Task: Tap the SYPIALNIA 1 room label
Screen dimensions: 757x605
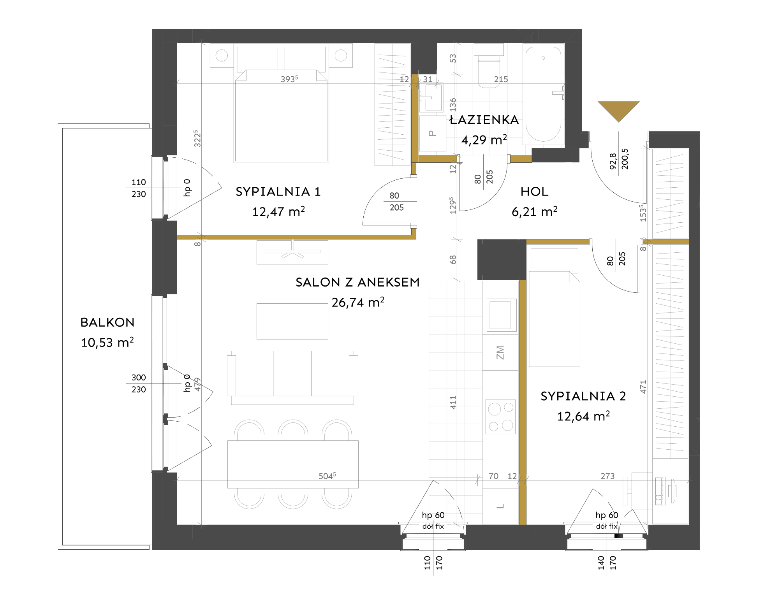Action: pos(278,192)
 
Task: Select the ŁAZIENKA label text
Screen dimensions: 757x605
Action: pos(484,120)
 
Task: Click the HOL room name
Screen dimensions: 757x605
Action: pos(534,192)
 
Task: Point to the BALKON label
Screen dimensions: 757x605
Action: pos(107,322)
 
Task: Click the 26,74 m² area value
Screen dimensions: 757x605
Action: pos(358,302)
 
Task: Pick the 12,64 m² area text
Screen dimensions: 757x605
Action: pos(583,416)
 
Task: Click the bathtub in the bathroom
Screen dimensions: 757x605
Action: pos(544,94)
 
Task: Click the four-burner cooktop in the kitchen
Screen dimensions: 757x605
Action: pos(500,417)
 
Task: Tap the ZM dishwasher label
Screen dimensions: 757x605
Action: pos(500,353)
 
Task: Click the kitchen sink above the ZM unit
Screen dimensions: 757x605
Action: pos(500,315)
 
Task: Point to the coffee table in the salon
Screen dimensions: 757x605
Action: pos(292,321)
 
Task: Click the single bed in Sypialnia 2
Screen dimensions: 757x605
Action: pos(555,307)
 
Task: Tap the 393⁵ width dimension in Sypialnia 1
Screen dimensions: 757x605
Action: pos(289,79)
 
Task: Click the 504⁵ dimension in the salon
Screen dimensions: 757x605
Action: pos(327,476)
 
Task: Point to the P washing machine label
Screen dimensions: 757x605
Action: pos(432,134)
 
